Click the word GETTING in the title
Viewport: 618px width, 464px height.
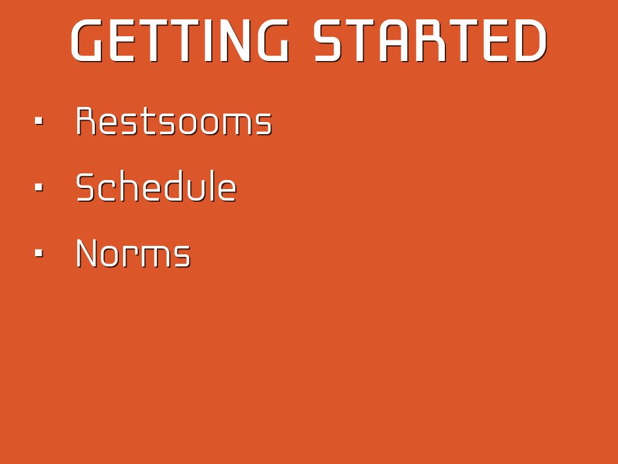tap(180, 40)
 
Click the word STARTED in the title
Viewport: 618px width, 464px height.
tap(431, 40)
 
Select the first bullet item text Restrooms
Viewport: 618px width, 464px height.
tap(174, 121)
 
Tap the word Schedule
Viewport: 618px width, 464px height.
tap(156, 186)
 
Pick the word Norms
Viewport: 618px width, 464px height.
tap(133, 253)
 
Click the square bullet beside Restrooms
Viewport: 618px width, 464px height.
tap(39, 121)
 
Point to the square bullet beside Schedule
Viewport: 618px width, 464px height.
tap(39, 187)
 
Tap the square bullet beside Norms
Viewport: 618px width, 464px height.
tap(39, 253)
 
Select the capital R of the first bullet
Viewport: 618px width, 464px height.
tap(86, 121)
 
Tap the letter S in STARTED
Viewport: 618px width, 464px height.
tap(330, 41)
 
